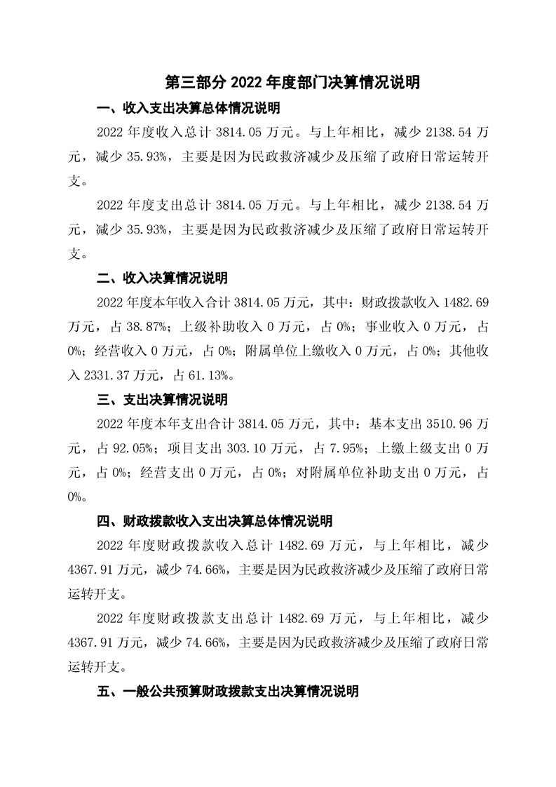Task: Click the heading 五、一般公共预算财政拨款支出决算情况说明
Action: pos(228,691)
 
